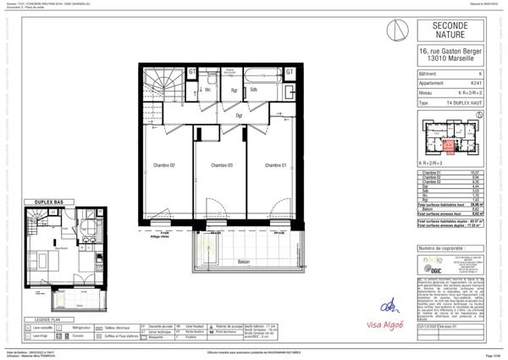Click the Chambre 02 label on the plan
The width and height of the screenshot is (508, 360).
pos(163,164)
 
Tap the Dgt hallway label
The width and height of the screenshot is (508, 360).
pos(240,115)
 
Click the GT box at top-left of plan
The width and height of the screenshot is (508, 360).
pos(192,72)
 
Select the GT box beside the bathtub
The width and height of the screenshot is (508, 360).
pos(289,72)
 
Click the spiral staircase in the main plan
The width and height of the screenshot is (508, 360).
pos(162,85)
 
